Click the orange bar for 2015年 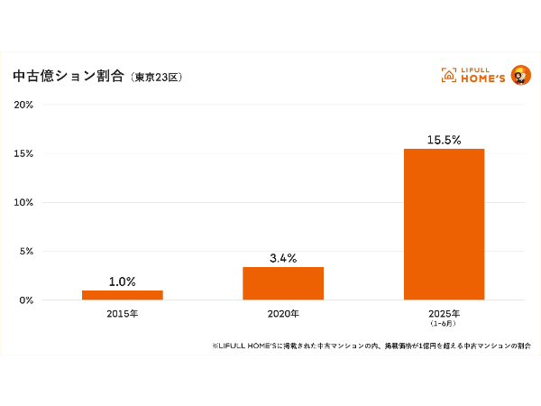(x=122, y=294)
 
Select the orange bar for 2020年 (x=283, y=282)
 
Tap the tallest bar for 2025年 (x=444, y=224)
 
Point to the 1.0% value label (x=122, y=281)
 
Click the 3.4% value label (x=283, y=258)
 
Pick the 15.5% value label (x=444, y=140)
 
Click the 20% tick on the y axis (x=23, y=105)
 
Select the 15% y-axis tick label (x=23, y=153)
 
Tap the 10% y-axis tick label (x=23, y=202)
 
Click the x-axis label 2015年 (x=122, y=313)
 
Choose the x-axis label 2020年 (x=283, y=313)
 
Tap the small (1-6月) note (x=444, y=322)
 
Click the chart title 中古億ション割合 (x=69, y=77)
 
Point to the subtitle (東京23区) (x=157, y=78)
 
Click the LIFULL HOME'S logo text (x=481, y=76)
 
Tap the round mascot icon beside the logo (x=520, y=75)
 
